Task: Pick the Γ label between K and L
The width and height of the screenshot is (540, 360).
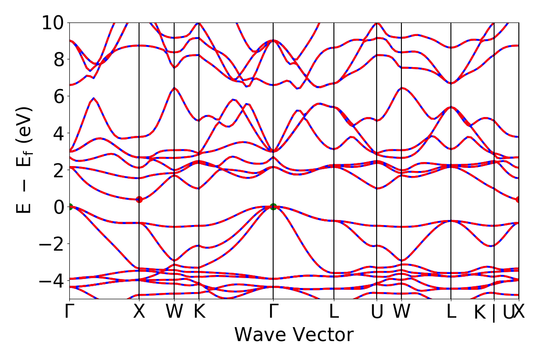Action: tap(273, 312)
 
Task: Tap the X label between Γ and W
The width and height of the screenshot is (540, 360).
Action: tap(139, 312)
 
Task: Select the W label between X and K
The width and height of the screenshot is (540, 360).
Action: tap(174, 312)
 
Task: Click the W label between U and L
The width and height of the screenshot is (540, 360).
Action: tap(401, 312)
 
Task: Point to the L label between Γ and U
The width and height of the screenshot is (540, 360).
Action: tap(334, 312)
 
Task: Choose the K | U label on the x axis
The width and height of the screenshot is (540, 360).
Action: tap(494, 313)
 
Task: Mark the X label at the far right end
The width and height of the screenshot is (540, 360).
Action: tap(519, 312)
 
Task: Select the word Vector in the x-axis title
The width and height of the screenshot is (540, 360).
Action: tap(321, 335)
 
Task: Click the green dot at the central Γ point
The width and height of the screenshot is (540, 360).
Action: tap(273, 207)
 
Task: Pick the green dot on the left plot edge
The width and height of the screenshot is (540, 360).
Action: tap(70, 207)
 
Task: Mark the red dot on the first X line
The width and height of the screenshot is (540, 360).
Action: tap(139, 199)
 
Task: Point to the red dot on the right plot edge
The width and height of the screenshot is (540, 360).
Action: tap(518, 199)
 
